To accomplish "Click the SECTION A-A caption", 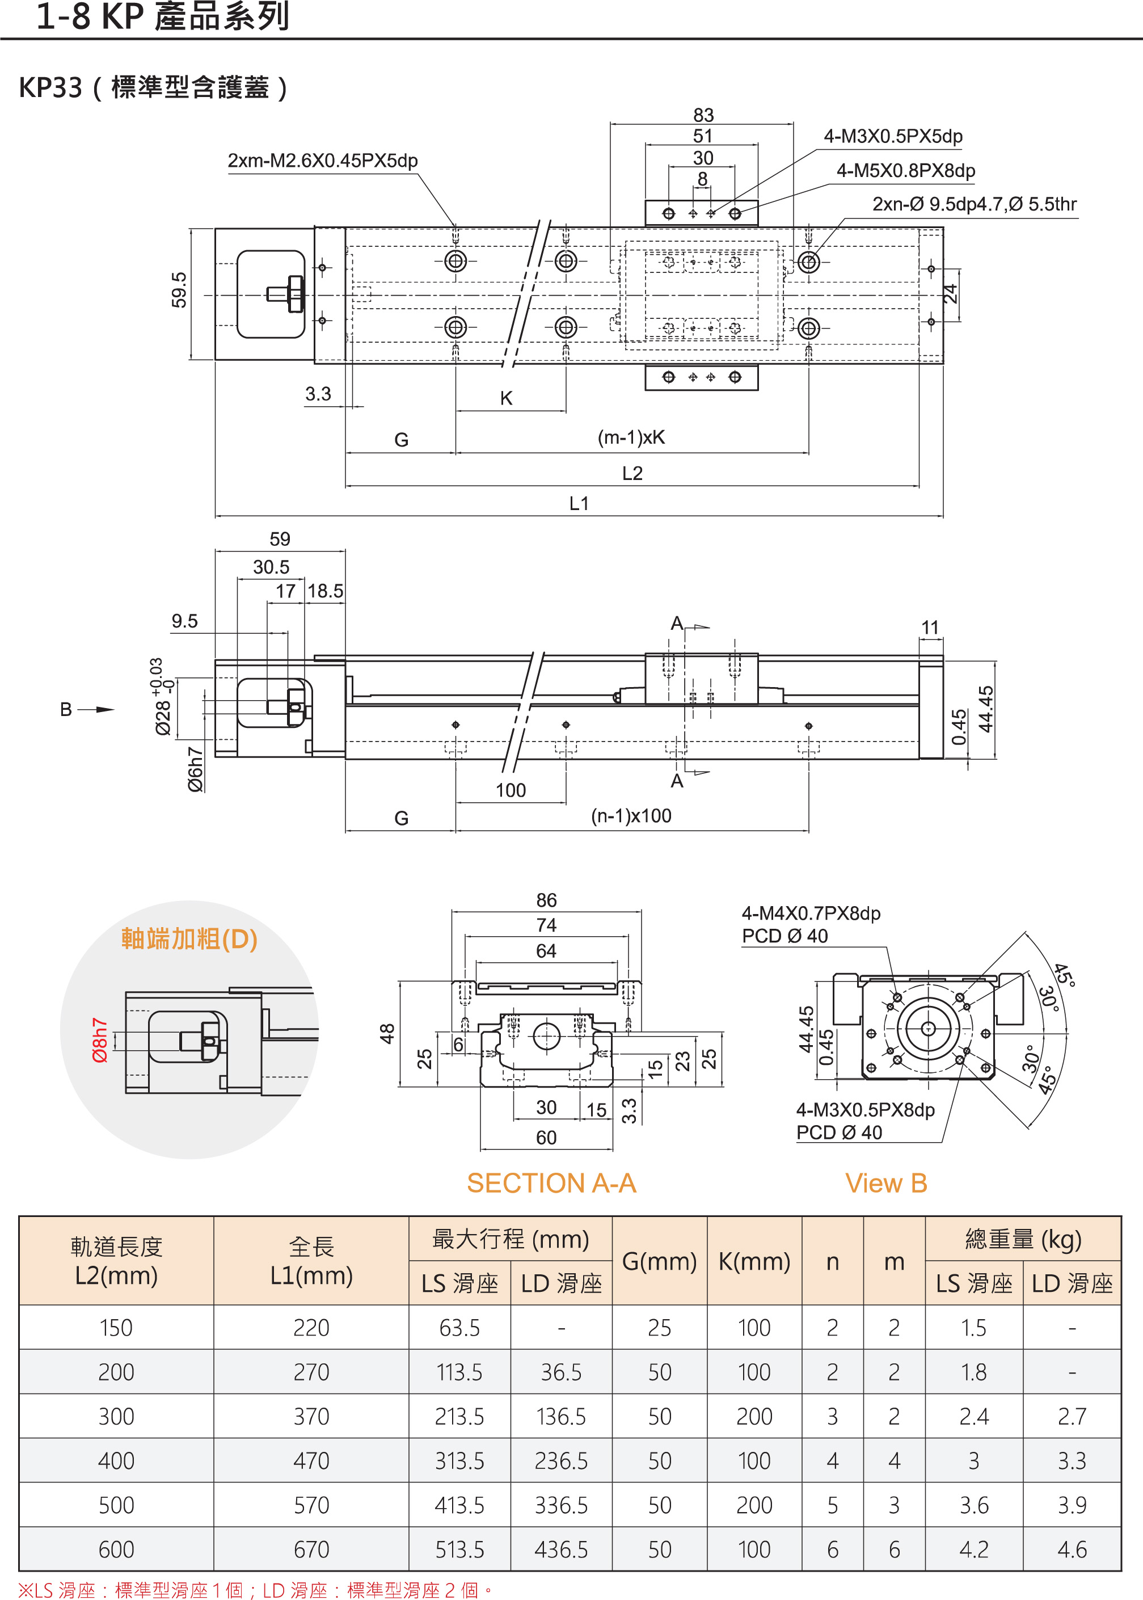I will pyautogui.click(x=551, y=1184).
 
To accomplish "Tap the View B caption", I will pyautogui.click(x=885, y=1184).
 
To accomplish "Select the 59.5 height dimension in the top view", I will pyautogui.click(x=179, y=290).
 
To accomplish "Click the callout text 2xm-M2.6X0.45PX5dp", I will pyautogui.click(x=322, y=161).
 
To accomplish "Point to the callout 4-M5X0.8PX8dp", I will pyautogui.click(x=905, y=170).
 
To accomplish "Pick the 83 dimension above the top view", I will pyautogui.click(x=703, y=115).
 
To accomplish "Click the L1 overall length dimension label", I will pyautogui.click(x=579, y=503).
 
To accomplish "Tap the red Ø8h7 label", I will pyautogui.click(x=99, y=1039).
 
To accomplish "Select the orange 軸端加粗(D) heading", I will pyautogui.click(x=189, y=939).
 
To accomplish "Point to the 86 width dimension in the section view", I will pyautogui.click(x=546, y=900).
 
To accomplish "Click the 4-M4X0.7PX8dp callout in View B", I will pyautogui.click(x=811, y=913).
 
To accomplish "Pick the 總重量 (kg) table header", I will pyautogui.click(x=1022, y=1239).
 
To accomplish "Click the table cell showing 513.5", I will pyautogui.click(x=459, y=1550).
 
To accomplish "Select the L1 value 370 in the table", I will pyautogui.click(x=311, y=1416).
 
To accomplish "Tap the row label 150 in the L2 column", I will pyautogui.click(x=116, y=1328).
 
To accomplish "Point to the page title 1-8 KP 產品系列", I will pyautogui.click(x=163, y=17).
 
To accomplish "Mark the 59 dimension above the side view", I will pyautogui.click(x=280, y=539).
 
